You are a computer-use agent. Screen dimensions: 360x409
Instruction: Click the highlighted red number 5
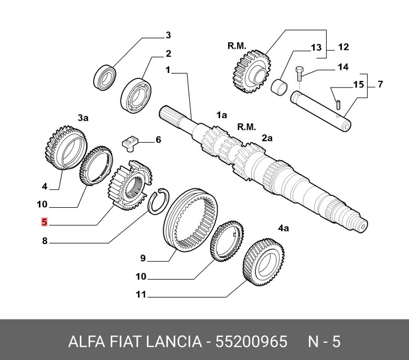[45, 223]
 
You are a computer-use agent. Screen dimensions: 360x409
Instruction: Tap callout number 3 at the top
[168, 36]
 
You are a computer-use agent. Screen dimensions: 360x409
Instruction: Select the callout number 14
[342, 67]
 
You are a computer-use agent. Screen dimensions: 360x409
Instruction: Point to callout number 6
[158, 140]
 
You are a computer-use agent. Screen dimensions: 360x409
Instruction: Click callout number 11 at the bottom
[140, 295]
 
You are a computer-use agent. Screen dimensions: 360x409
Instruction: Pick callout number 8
[45, 242]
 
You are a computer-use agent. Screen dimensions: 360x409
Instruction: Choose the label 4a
[283, 228]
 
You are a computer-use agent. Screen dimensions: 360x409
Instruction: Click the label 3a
[83, 119]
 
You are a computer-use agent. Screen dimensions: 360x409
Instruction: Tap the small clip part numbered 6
[129, 142]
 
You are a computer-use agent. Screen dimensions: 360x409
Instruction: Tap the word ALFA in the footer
[84, 342]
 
